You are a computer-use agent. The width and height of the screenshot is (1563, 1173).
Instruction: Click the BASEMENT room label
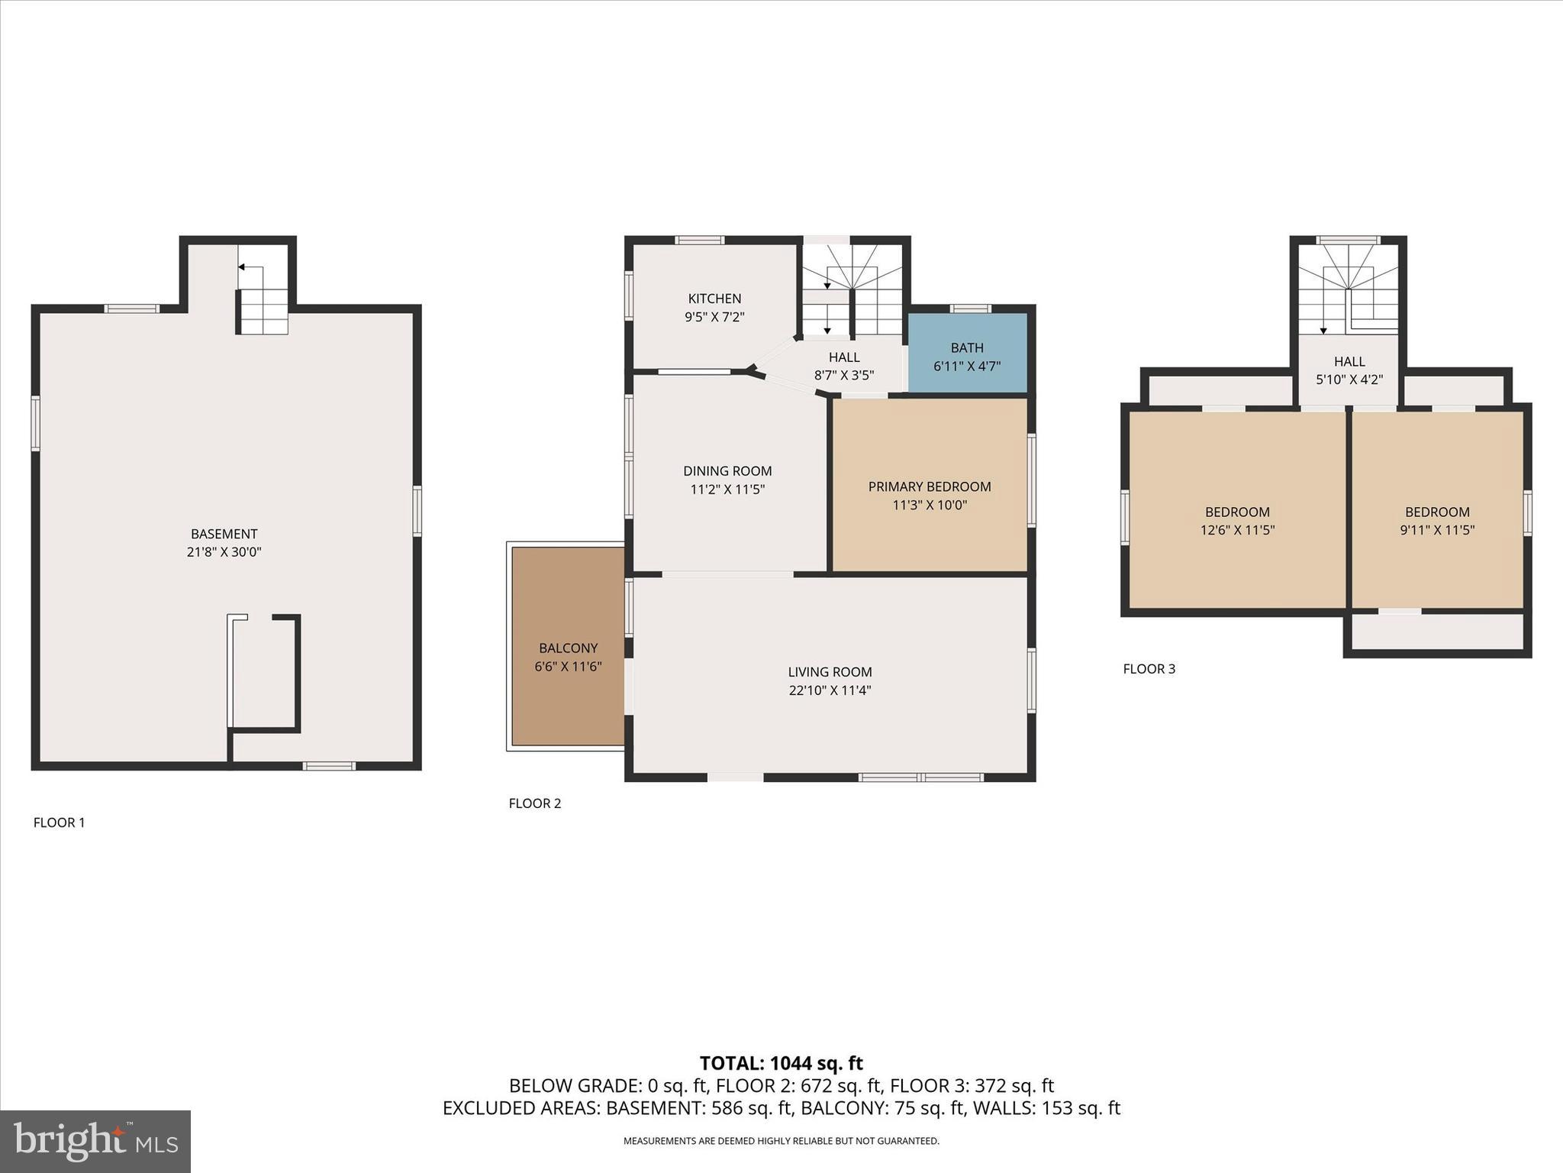point(224,534)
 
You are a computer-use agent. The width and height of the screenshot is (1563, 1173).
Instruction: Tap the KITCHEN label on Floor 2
point(714,299)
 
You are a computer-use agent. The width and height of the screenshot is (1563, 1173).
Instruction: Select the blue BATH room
point(967,356)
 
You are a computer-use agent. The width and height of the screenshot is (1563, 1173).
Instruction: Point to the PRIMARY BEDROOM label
point(929,486)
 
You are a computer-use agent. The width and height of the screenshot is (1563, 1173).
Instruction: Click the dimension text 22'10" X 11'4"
point(830,690)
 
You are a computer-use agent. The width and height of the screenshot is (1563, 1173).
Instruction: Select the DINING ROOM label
point(727,471)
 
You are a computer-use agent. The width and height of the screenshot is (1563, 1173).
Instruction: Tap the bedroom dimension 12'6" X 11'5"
point(1237,530)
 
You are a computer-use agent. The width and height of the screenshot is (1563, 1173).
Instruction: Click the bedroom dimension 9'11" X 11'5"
point(1437,530)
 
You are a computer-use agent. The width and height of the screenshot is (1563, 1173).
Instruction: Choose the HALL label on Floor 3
point(1349,361)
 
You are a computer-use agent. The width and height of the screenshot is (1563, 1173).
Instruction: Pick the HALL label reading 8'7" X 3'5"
point(844,357)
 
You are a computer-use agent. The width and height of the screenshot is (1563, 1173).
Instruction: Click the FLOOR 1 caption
point(59,822)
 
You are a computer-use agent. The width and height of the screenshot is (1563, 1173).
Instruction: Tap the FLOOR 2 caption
point(534,803)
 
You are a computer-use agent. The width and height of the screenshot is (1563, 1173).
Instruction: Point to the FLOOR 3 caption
point(1149,669)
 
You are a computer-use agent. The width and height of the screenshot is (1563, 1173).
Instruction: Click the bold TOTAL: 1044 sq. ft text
point(781,1063)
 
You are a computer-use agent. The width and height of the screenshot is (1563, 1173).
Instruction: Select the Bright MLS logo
point(95,1141)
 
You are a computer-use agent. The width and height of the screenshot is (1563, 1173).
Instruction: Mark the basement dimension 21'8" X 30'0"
point(224,552)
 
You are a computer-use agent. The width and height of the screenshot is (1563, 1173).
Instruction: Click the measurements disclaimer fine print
point(781,1141)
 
